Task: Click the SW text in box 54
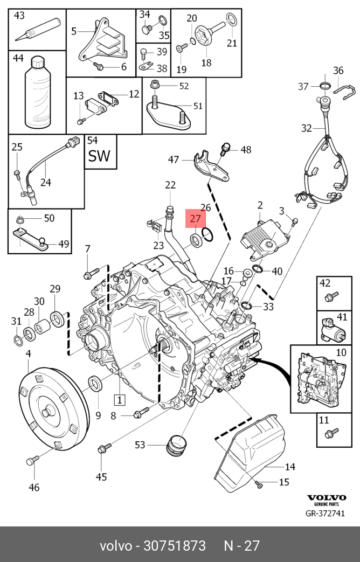[x=99, y=156]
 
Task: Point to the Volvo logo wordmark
[x=326, y=497]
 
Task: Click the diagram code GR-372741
[x=325, y=514]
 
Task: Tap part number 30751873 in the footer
[x=175, y=545]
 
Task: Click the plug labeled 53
[x=176, y=446]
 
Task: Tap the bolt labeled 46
[x=32, y=460]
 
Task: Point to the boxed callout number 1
[x=120, y=399]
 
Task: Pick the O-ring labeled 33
[x=246, y=306]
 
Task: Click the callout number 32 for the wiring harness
[x=306, y=128]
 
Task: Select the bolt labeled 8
[x=141, y=413]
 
